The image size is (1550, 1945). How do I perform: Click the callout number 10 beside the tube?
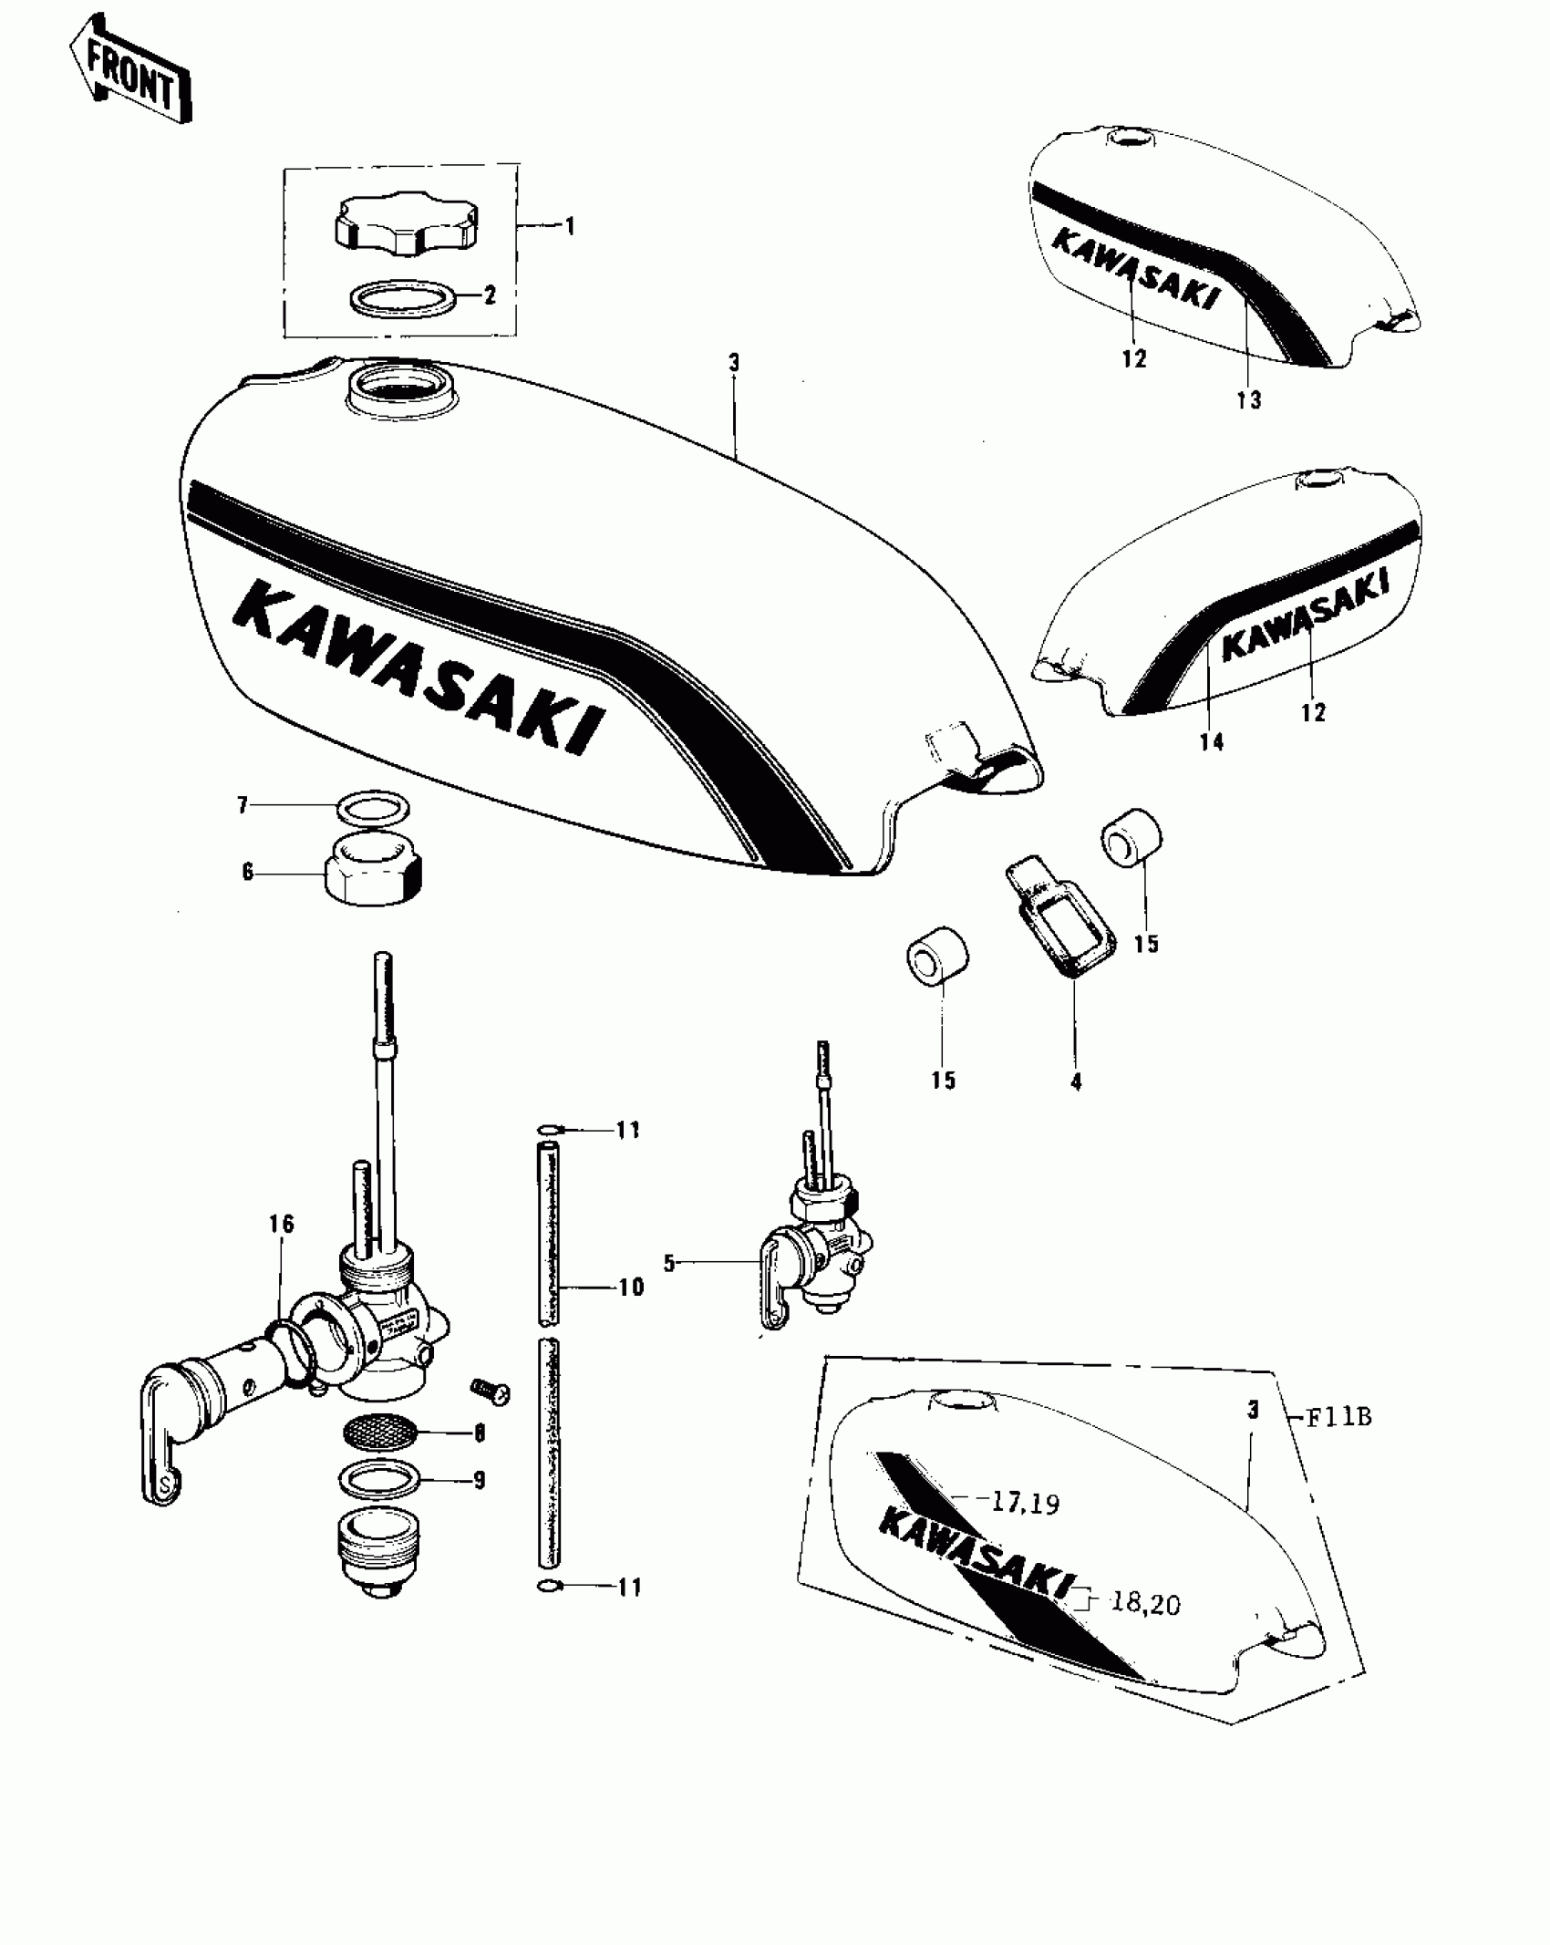click(x=631, y=1287)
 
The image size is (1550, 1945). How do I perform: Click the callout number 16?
click(x=282, y=1224)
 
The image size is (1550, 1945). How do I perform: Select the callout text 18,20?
click(x=1144, y=1602)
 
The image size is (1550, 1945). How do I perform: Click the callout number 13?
click(x=1248, y=399)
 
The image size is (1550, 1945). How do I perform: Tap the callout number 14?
click(x=1211, y=742)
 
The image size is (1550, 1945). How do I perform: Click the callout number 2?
click(x=491, y=295)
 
